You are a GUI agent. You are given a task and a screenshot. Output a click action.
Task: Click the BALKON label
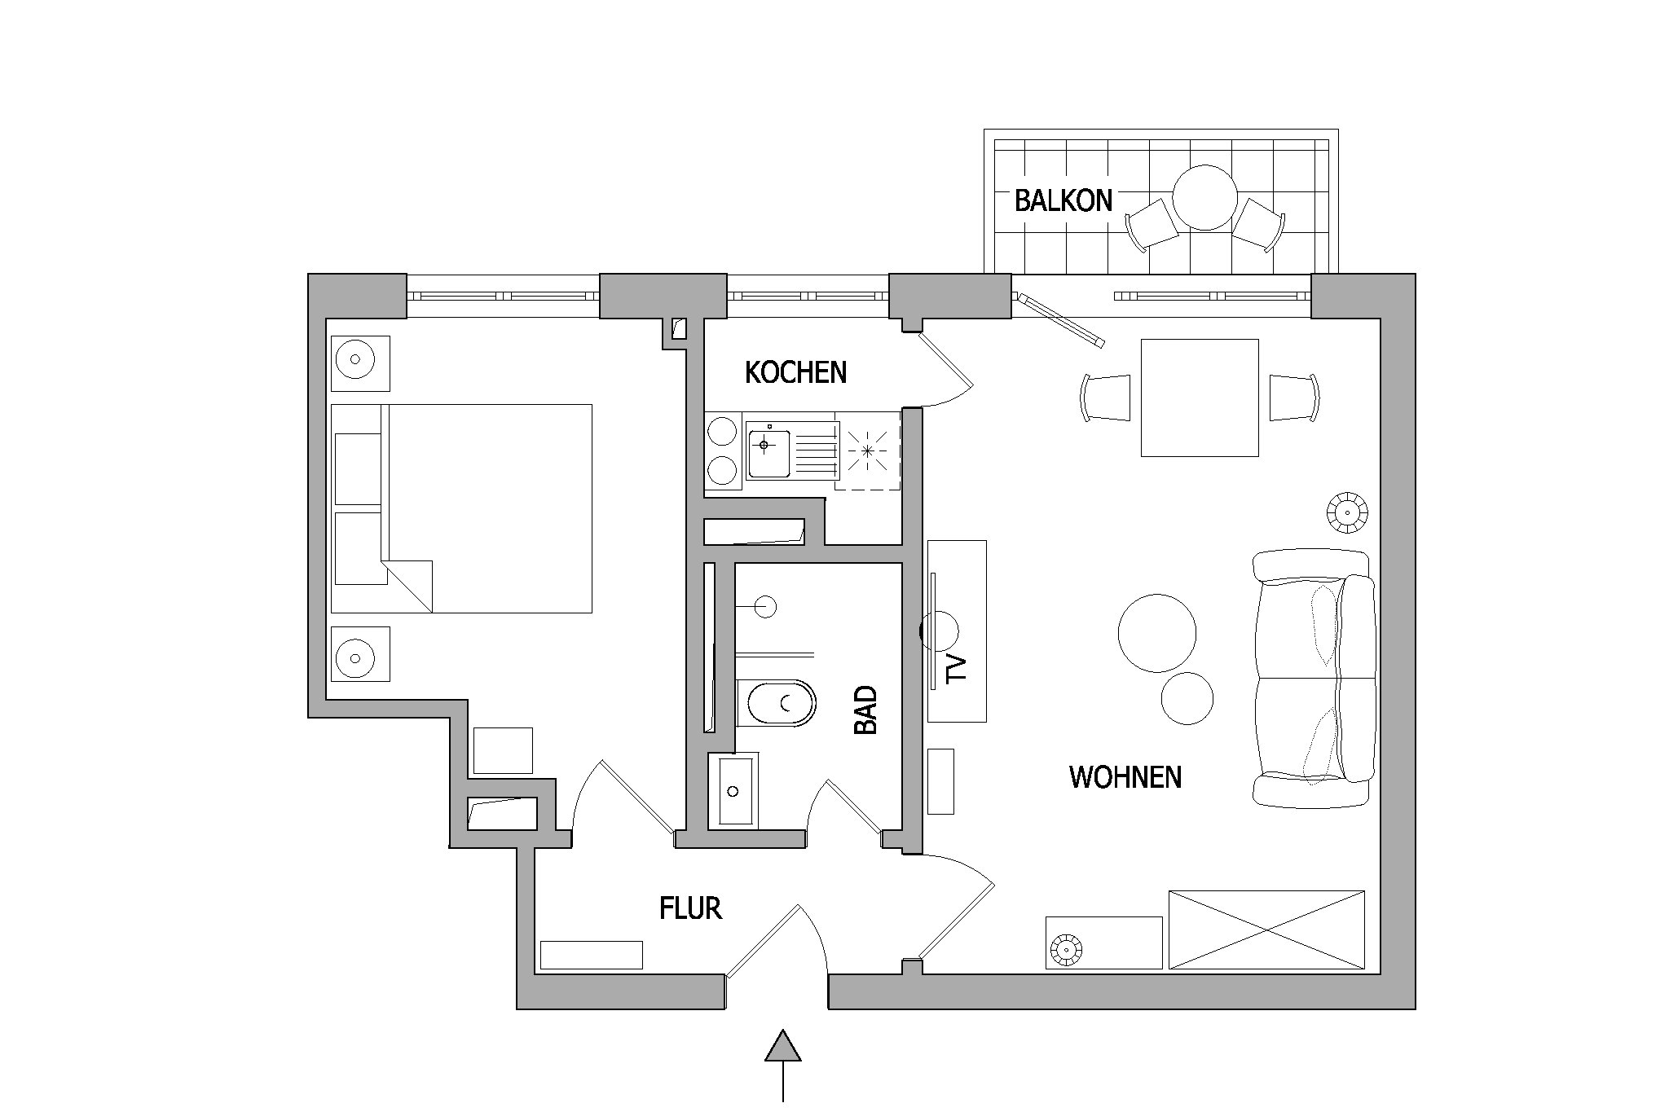1063,200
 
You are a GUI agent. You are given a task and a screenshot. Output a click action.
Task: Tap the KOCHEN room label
795,372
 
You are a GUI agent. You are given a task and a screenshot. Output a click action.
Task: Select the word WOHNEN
1125,777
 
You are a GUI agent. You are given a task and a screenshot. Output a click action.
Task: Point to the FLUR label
690,908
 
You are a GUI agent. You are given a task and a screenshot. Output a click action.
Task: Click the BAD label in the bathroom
865,710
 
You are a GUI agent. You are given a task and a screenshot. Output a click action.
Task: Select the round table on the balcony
1205,198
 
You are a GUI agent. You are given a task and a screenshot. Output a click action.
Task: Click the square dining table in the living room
1200,398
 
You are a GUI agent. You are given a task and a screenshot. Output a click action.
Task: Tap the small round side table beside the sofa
1187,698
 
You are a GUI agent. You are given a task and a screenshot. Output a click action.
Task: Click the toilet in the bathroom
777,702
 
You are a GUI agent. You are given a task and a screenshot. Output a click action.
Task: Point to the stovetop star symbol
868,450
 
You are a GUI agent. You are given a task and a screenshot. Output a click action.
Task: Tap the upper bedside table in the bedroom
360,363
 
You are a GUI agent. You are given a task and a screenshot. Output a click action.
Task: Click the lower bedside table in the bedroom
360,653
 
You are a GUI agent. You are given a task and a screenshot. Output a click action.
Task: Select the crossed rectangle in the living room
1266,930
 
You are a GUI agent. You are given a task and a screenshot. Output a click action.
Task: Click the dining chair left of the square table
1106,398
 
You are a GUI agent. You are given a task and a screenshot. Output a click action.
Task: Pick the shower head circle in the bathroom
765,607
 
